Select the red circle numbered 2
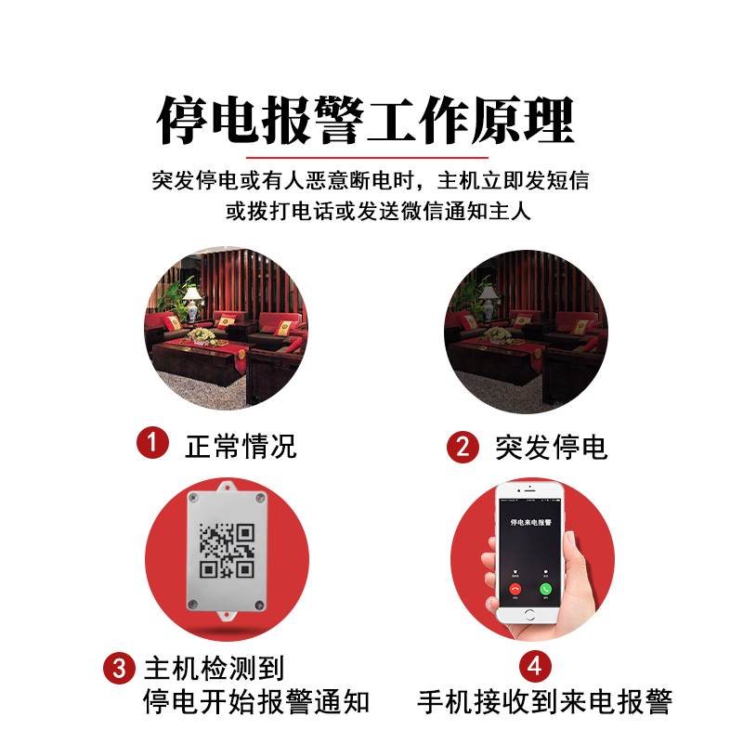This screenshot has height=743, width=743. (462, 447)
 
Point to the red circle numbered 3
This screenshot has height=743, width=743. (119, 668)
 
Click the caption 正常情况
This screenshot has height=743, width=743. (241, 446)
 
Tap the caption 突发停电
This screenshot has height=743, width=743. (551, 448)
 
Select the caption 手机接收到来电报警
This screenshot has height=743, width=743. (544, 701)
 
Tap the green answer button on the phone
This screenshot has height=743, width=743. (546, 588)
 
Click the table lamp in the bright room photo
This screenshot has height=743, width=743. (192, 299)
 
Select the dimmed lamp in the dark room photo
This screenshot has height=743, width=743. (489, 300)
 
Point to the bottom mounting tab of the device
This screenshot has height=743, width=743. (224, 615)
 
